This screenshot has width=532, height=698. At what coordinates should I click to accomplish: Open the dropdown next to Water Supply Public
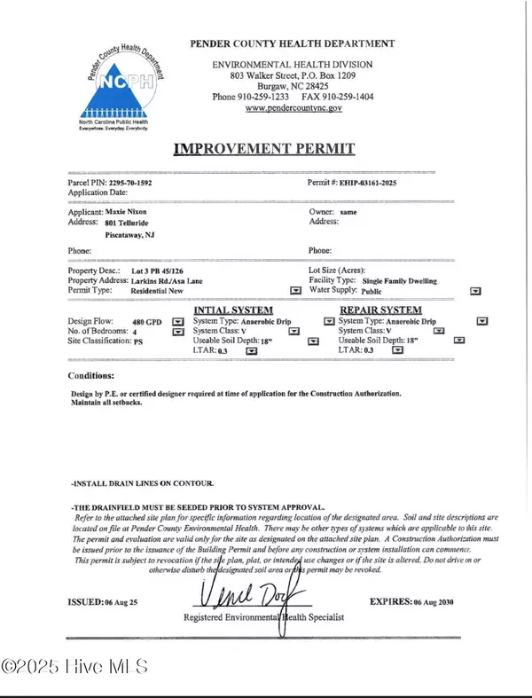click(x=475, y=290)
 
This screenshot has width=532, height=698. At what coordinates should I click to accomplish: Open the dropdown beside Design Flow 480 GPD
click(x=177, y=322)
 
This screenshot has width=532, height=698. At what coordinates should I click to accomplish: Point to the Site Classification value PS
click(x=138, y=341)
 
